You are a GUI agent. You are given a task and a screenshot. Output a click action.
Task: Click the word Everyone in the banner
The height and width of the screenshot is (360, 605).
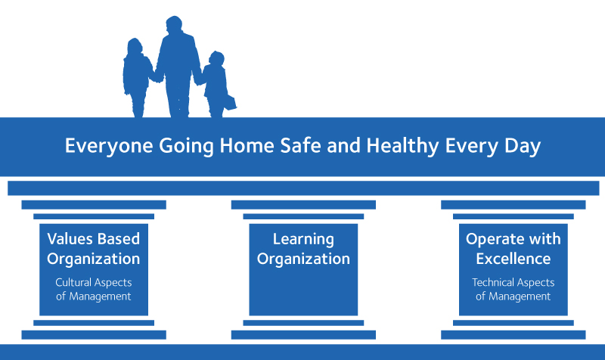tap(109, 146)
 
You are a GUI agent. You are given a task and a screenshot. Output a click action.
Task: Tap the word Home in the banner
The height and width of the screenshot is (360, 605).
tap(247, 145)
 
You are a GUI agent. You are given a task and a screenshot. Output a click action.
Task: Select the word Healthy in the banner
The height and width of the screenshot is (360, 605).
tap(402, 146)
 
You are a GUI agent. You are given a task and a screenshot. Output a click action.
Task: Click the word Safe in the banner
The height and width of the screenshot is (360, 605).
tap(300, 145)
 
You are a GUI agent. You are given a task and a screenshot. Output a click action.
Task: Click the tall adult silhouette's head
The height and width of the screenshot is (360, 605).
tap(174, 25)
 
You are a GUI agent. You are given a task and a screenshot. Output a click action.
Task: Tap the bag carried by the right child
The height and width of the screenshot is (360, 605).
tap(230, 103)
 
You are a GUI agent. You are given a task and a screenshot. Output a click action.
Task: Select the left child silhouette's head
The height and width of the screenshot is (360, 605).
tap(135, 46)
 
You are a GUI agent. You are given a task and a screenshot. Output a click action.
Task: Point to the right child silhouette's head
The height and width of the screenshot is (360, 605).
tap(216, 59)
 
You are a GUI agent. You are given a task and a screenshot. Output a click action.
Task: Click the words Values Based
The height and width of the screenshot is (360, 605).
tap(93, 239)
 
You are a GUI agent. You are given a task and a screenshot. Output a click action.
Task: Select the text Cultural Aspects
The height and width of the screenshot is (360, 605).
tap(94, 283)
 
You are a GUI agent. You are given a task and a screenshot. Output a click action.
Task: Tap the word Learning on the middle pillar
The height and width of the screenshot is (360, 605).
tap(303, 240)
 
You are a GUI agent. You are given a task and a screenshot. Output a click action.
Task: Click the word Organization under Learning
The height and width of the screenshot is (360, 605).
tap(303, 259)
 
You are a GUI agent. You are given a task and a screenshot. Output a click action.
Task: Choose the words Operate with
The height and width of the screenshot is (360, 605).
tap(513, 239)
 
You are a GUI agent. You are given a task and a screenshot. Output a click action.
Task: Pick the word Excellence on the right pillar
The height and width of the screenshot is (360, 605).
tap(513, 259)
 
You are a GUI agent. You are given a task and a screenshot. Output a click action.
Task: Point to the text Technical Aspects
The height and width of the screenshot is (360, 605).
tap(513, 283)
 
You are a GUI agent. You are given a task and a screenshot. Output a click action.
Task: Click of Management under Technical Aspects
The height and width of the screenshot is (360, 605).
tap(513, 296)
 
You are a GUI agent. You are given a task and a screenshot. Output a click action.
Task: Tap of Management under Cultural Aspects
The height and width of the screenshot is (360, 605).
tap(94, 296)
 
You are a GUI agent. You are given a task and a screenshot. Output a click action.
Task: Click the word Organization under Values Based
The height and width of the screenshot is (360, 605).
tap(93, 259)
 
